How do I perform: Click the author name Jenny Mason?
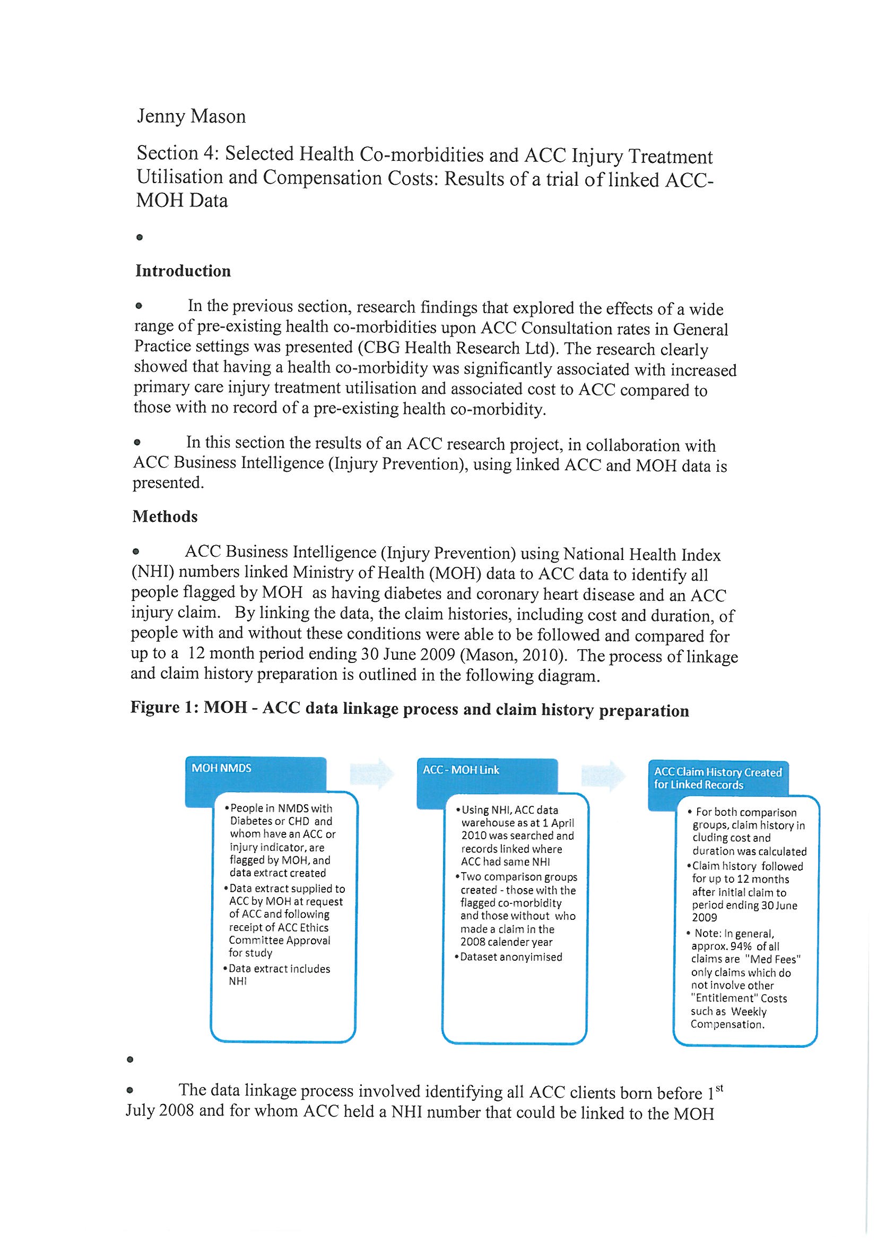(192, 116)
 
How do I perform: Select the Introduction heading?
(183, 271)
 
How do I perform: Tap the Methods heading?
(166, 516)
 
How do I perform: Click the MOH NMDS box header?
(222, 768)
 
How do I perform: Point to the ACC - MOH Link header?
(461, 770)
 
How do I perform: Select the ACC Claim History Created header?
(718, 778)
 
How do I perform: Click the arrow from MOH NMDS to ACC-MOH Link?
(372, 773)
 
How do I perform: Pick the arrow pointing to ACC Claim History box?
(604, 775)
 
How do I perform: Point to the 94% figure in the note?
(741, 946)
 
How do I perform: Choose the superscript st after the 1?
(719, 1088)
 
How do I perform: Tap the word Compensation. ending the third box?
(727, 1024)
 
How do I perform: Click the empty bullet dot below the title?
(140, 237)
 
